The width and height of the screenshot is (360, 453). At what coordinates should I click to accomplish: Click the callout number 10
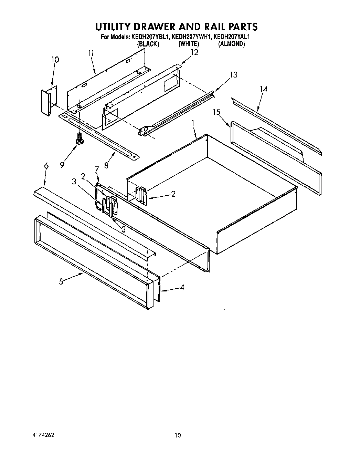(55, 60)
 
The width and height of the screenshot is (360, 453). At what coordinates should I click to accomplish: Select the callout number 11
(91, 53)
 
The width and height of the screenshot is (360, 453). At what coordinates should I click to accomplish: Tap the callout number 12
(194, 52)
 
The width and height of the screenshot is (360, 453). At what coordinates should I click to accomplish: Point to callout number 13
(234, 75)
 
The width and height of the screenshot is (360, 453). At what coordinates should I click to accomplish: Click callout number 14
(263, 89)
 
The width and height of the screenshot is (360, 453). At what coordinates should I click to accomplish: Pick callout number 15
(216, 112)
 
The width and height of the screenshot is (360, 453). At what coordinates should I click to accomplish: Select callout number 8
(106, 165)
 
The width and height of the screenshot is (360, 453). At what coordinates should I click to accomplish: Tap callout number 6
(46, 166)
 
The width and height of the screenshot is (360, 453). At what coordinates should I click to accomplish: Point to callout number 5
(61, 281)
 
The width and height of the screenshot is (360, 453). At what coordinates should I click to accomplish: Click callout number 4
(182, 287)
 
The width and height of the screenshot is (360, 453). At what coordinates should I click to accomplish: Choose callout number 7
(97, 169)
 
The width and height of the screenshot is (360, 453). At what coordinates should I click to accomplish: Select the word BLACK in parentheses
(148, 44)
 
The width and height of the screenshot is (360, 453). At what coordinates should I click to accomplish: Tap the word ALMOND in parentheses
(232, 44)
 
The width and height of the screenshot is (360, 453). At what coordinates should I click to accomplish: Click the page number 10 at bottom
(177, 435)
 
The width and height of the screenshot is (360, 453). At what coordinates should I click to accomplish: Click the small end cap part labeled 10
(47, 101)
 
